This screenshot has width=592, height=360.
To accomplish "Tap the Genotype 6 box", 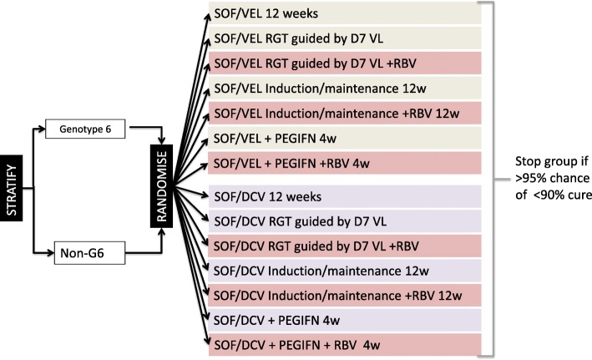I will (93, 130).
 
